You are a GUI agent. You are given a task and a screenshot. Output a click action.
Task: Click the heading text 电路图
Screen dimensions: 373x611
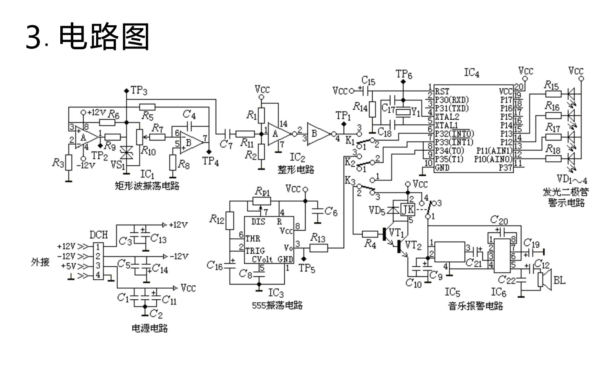coord(104,37)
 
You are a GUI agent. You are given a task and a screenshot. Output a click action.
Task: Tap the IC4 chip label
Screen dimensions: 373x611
coord(471,73)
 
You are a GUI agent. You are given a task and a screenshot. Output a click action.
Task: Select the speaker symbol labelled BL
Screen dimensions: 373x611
coord(544,280)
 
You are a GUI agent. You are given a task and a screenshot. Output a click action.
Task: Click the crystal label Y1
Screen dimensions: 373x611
coord(415,112)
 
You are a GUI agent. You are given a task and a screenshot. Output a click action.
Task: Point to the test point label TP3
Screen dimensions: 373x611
coord(138,90)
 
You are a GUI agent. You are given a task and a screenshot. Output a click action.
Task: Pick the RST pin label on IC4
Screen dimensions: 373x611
coord(442,91)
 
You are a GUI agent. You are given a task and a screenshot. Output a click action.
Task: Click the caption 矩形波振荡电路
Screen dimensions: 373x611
coord(147,186)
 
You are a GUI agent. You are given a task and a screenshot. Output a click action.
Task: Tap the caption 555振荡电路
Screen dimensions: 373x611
coord(277,305)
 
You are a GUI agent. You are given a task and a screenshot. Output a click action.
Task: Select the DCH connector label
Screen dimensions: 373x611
coord(99,235)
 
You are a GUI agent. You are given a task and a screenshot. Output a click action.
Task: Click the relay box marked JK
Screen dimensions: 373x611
coord(408,210)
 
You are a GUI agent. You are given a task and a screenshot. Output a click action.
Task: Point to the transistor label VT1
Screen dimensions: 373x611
coord(396,233)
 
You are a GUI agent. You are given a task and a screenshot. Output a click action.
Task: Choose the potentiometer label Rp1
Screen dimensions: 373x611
coord(263,191)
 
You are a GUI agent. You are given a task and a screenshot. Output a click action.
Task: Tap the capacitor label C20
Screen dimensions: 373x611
coord(499,220)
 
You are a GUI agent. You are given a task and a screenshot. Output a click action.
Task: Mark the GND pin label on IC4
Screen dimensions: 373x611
coord(442,167)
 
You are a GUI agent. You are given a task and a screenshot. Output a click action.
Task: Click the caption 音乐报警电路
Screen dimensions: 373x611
coord(476,305)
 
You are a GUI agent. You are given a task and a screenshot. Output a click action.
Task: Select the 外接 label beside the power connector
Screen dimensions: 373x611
coord(40,262)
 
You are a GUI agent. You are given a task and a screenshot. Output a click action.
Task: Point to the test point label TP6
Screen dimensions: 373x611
coord(404,74)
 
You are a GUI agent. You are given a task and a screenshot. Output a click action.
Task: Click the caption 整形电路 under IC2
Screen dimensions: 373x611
coord(296,169)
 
